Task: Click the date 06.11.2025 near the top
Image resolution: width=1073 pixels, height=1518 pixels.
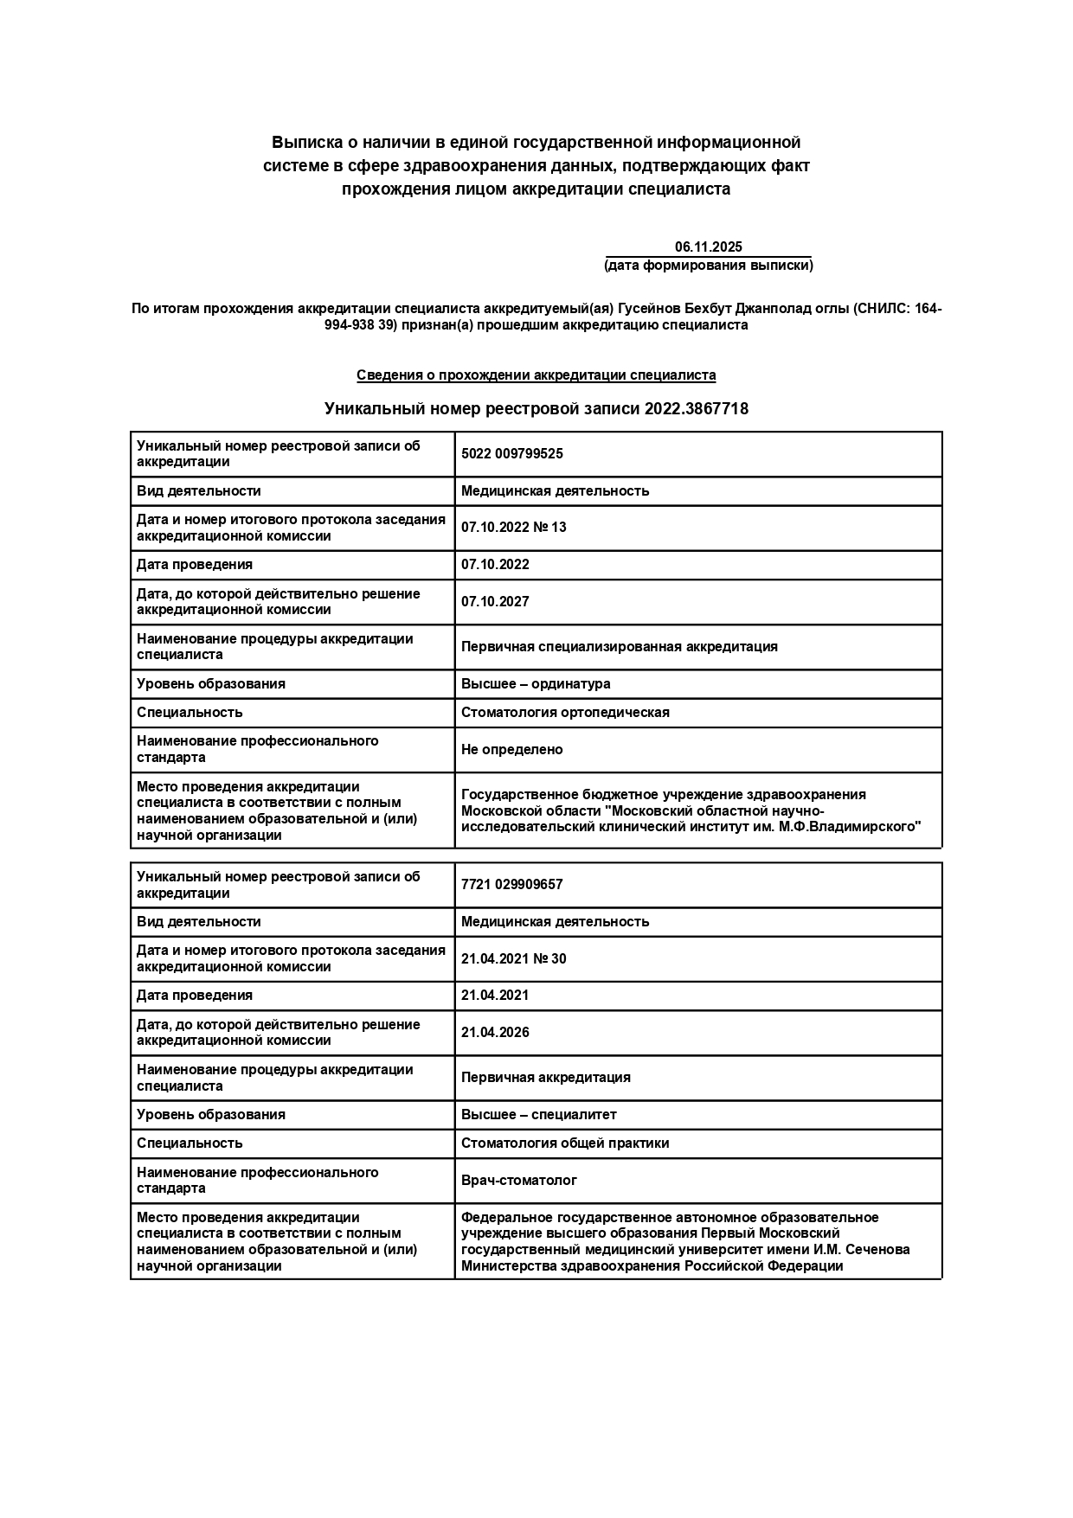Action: pyautogui.click(x=708, y=247)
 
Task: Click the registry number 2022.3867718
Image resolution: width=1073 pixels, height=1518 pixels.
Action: pyautogui.click(x=696, y=409)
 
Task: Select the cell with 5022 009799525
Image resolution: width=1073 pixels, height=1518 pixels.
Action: pyautogui.click(x=511, y=454)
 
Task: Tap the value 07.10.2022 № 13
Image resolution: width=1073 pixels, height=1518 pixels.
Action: pyautogui.click(x=513, y=528)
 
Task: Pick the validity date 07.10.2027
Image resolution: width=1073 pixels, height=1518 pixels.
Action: pyautogui.click(x=495, y=602)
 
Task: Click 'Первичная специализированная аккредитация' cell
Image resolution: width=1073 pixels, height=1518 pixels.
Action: pyautogui.click(x=619, y=647)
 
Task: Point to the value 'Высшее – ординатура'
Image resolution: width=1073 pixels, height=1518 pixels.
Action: pyautogui.click(x=535, y=684)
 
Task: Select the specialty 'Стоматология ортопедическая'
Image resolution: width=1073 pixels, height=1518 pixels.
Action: pyautogui.click(x=565, y=713)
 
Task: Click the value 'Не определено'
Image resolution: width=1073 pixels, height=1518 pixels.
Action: pyautogui.click(x=511, y=750)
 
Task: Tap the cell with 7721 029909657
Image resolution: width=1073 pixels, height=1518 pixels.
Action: pyautogui.click(x=511, y=885)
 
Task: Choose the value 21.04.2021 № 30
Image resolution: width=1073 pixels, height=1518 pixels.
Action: pyautogui.click(x=513, y=959)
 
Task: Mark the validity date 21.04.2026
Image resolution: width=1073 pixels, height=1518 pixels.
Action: pyautogui.click(x=495, y=1033)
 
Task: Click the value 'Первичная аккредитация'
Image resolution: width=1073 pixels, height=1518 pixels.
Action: pyautogui.click(x=545, y=1078)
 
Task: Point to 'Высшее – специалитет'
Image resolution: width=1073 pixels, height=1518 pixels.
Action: pyautogui.click(x=538, y=1115)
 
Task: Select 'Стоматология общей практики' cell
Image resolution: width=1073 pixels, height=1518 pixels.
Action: pyautogui.click(x=565, y=1143)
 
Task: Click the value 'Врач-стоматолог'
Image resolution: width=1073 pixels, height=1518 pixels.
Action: pyautogui.click(x=518, y=1181)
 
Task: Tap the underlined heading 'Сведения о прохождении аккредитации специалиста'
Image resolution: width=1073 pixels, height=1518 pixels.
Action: pyautogui.click(x=536, y=375)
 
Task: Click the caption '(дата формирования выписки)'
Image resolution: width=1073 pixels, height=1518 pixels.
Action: pyautogui.click(x=708, y=266)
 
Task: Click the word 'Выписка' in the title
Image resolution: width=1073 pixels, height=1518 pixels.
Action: pyautogui.click(x=302, y=142)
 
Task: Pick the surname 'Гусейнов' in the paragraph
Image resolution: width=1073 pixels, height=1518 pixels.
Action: pyautogui.click(x=649, y=309)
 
